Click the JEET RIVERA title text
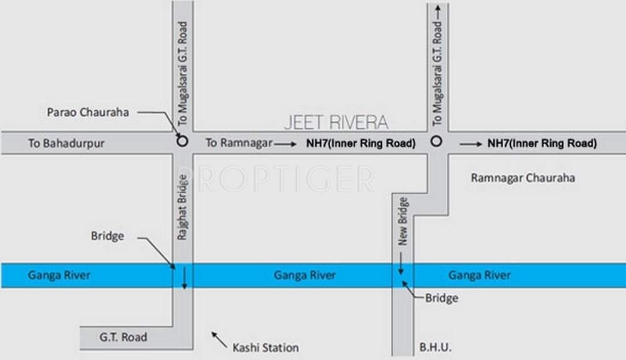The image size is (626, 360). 336,121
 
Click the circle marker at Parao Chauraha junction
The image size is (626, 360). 182,141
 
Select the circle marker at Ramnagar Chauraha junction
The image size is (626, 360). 436,141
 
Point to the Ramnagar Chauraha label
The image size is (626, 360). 522,178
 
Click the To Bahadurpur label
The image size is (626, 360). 66,143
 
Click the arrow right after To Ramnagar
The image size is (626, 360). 285,143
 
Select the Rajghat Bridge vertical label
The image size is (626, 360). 183,208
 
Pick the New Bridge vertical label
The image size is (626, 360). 403,221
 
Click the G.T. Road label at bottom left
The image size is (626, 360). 123,337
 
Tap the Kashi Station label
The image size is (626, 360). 265,347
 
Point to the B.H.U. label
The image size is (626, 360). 436,347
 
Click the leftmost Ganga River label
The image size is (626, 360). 59,275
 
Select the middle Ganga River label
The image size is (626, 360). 304,275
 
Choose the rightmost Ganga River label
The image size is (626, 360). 479,275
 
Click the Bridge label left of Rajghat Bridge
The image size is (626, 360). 108,236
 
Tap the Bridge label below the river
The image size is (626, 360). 441,298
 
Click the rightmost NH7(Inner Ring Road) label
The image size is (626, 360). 541,143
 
